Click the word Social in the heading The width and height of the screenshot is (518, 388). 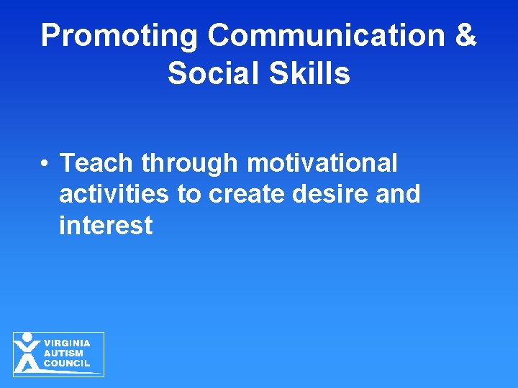[x=213, y=73]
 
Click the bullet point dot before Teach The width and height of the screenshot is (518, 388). [x=45, y=165]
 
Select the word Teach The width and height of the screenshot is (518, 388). [x=97, y=163]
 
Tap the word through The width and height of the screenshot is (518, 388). [x=190, y=164]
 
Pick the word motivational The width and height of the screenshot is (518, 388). [x=322, y=163]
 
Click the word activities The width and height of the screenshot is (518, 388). [x=114, y=194]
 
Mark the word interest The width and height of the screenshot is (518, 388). [x=106, y=226]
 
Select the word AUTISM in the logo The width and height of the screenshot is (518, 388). [x=63, y=354]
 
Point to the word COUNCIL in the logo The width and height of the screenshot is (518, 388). [x=67, y=364]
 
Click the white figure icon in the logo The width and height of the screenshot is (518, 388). [x=27, y=354]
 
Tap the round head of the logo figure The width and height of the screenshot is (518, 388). [x=27, y=336]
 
